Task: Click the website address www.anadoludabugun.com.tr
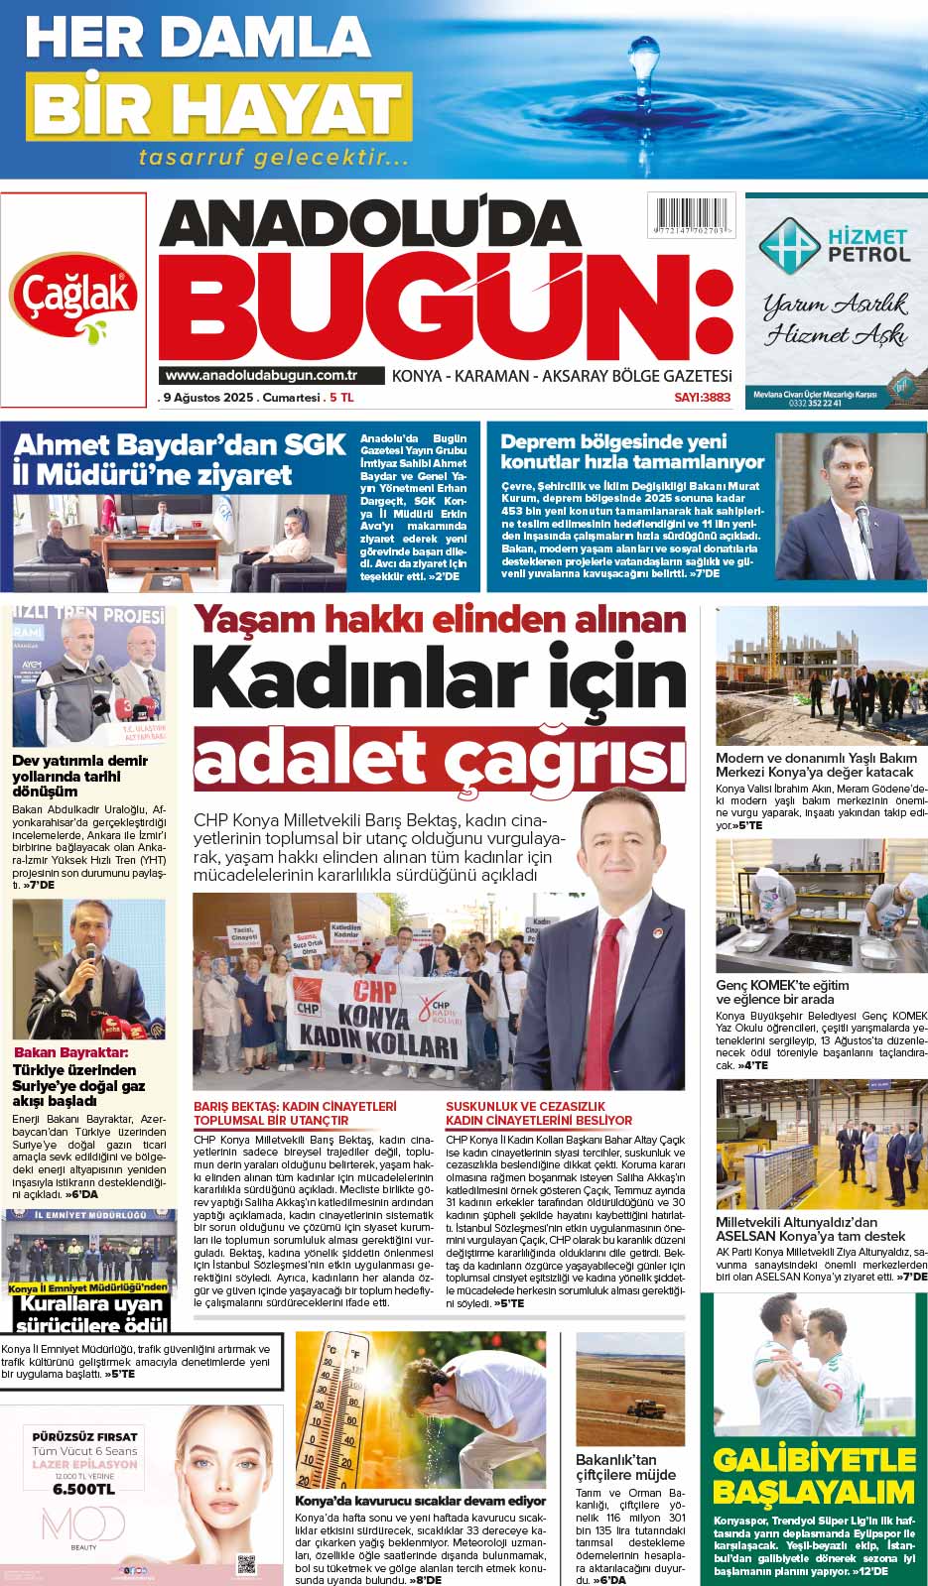coord(261,375)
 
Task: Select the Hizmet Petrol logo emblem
coord(789,244)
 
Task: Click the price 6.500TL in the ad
coord(83,1488)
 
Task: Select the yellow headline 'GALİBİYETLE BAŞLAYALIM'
coord(813,1475)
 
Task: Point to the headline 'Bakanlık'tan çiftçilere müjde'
coord(625,1467)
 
